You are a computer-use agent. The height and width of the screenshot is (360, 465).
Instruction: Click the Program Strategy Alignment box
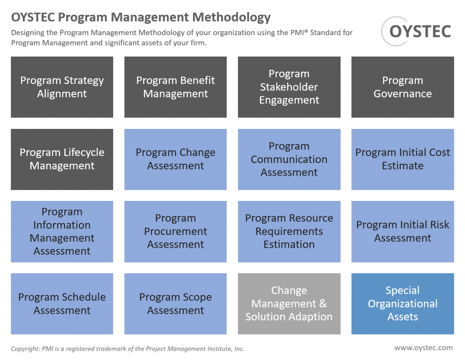tap(62, 87)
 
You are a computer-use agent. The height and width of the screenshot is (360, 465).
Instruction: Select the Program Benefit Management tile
tap(176, 87)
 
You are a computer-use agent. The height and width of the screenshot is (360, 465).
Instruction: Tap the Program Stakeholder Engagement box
tap(289, 87)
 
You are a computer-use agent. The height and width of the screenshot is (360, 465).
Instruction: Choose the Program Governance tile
tap(403, 87)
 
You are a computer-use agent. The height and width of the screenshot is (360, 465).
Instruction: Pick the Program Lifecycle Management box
tap(62, 159)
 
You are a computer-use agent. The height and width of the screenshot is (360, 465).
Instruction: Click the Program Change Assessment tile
tap(176, 159)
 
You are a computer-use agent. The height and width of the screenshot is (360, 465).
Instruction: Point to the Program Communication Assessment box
tap(289, 159)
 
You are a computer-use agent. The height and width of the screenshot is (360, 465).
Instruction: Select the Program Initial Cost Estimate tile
tap(403, 159)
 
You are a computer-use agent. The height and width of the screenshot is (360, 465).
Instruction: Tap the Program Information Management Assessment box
tap(62, 231)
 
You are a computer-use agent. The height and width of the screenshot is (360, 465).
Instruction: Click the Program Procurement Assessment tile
tap(176, 231)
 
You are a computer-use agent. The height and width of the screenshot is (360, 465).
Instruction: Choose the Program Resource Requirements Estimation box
tap(289, 231)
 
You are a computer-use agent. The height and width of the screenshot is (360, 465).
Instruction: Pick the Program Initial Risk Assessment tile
tap(403, 231)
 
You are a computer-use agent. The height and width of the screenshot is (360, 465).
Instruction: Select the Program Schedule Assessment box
tap(62, 304)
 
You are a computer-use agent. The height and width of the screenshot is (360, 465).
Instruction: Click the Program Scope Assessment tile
tap(176, 304)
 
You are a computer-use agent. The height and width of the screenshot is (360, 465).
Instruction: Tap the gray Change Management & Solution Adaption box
tap(289, 304)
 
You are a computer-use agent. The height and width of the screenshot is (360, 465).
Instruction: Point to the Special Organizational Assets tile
tap(403, 304)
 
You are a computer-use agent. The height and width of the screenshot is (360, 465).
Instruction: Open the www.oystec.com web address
tap(424, 348)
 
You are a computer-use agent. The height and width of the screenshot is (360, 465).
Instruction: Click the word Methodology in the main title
tap(231, 17)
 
